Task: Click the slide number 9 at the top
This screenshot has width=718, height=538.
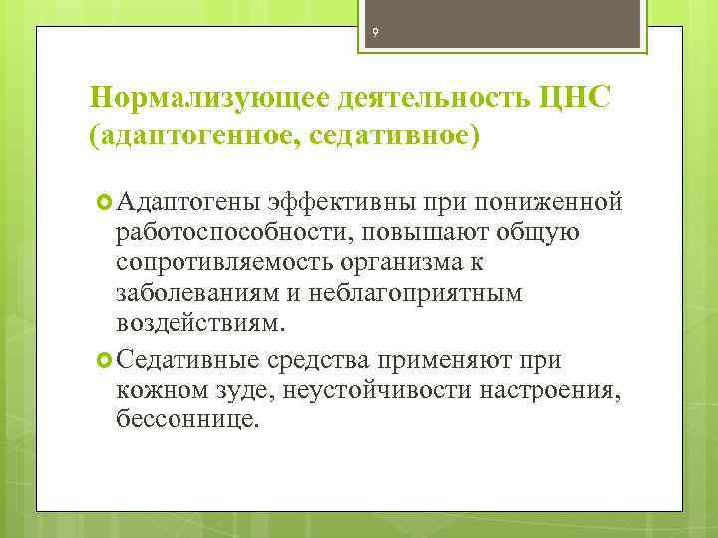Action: [375, 34]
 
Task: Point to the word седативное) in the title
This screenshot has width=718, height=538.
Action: [399, 134]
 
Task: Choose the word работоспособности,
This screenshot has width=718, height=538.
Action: [235, 234]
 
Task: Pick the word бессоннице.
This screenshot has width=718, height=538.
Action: [187, 419]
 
